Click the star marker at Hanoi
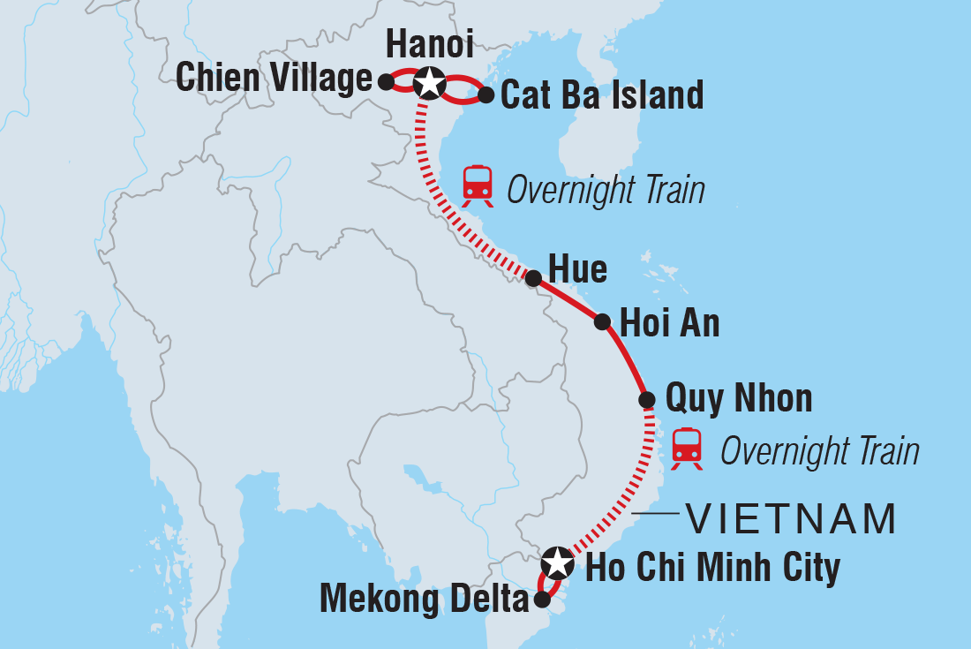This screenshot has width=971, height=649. click(x=428, y=82)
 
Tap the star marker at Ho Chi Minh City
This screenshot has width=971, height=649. click(x=557, y=561)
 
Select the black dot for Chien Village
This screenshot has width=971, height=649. click(x=385, y=81)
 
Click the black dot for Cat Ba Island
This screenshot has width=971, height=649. click(x=485, y=94)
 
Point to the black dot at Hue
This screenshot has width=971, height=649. click(x=533, y=278)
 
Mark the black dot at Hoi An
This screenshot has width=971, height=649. click(x=603, y=322)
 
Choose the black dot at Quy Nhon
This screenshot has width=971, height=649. click(x=647, y=400)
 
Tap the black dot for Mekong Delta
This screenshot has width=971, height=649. click(x=542, y=600)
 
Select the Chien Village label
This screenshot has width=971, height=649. click(x=274, y=79)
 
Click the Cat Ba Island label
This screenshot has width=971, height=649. click(x=602, y=94)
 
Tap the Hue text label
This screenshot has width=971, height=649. click(x=577, y=269)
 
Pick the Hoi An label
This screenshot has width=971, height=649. click(x=670, y=324)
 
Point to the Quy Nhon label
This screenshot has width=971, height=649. click(x=738, y=398)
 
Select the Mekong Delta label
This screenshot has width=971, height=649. click(x=424, y=600)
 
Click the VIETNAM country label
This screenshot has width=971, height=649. click(x=791, y=519)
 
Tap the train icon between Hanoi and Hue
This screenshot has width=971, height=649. click(x=478, y=183)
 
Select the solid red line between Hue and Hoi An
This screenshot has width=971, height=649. click(x=568, y=300)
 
